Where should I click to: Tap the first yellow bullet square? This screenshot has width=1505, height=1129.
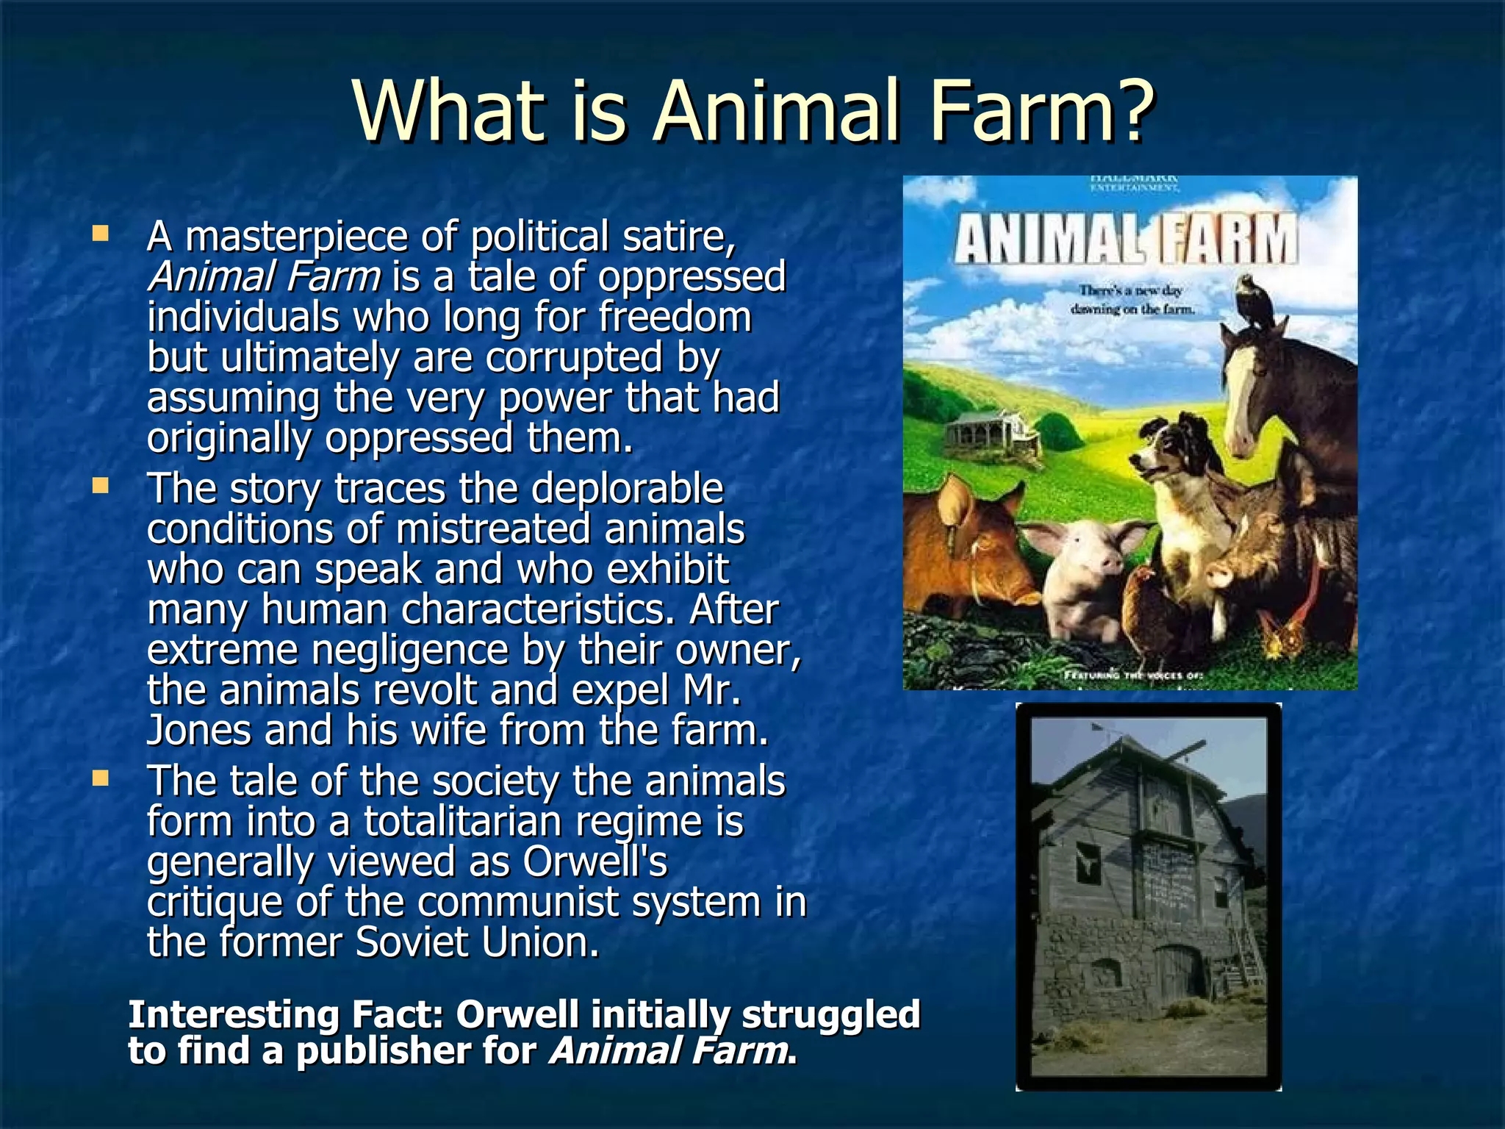click(x=100, y=234)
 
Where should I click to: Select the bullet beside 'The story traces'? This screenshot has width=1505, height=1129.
click(x=100, y=485)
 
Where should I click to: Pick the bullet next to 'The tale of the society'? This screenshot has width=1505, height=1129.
click(x=100, y=778)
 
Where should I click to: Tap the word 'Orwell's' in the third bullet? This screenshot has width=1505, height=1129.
click(x=595, y=861)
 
